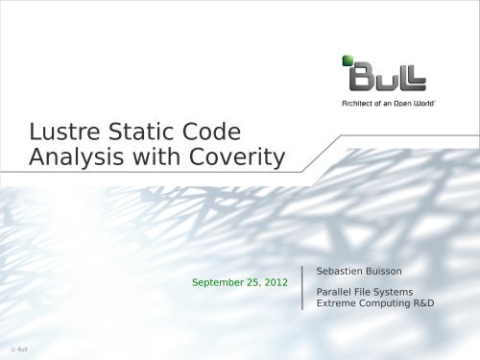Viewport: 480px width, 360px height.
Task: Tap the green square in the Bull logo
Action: [348, 61]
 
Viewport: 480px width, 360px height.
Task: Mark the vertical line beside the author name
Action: [303, 287]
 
